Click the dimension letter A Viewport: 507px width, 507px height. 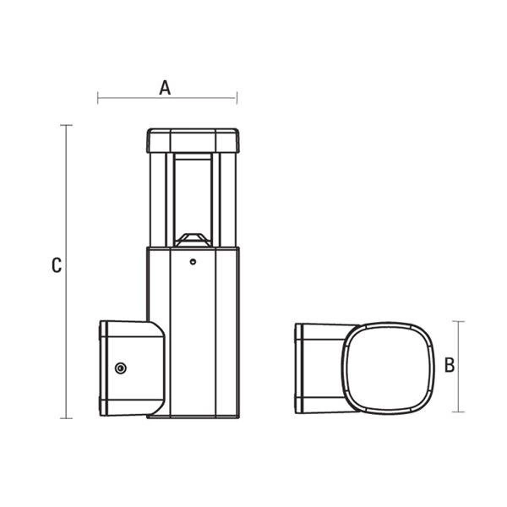pyautogui.click(x=166, y=86)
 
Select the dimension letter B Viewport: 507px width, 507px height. pyautogui.click(x=450, y=365)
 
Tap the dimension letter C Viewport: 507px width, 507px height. pyautogui.click(x=56, y=265)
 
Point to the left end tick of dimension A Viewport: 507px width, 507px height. pyautogui.click(x=98, y=99)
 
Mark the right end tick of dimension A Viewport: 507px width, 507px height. pyautogui.click(x=235, y=99)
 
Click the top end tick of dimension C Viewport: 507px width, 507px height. pyautogui.click(x=67, y=125)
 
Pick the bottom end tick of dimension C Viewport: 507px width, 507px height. pyautogui.click(x=67, y=417)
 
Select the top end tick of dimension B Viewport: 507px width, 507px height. pyautogui.click(x=459, y=321)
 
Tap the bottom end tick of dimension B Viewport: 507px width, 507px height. pyautogui.click(x=459, y=412)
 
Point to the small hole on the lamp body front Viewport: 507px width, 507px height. pyautogui.click(x=193, y=262)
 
